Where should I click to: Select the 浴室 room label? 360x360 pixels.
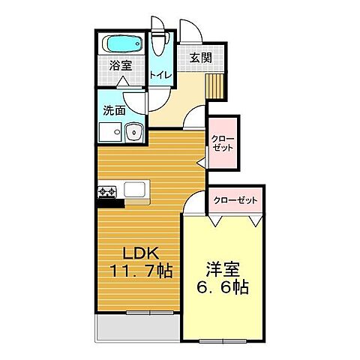(x=121, y=66)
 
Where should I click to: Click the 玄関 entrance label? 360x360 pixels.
(x=199, y=58)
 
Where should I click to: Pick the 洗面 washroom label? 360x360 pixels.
(x=115, y=109)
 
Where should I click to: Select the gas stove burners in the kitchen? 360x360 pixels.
(x=107, y=193)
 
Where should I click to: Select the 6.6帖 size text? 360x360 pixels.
(x=222, y=287)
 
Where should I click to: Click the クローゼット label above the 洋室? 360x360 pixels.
(x=235, y=200)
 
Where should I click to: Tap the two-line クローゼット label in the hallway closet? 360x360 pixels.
(x=223, y=143)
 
